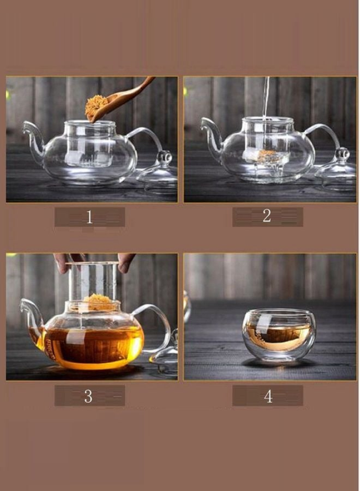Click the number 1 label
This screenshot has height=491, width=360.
tap(89, 217)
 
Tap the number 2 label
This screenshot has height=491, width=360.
tap(267, 216)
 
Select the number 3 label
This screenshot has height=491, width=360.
tap(88, 396)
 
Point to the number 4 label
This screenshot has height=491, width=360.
tap(268, 396)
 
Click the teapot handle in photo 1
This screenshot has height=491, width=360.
tap(146, 139)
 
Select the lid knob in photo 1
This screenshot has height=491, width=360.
tap(165, 158)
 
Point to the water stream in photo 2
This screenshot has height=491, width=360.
tap(266, 100)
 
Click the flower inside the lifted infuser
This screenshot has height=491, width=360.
tap(98, 301)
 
